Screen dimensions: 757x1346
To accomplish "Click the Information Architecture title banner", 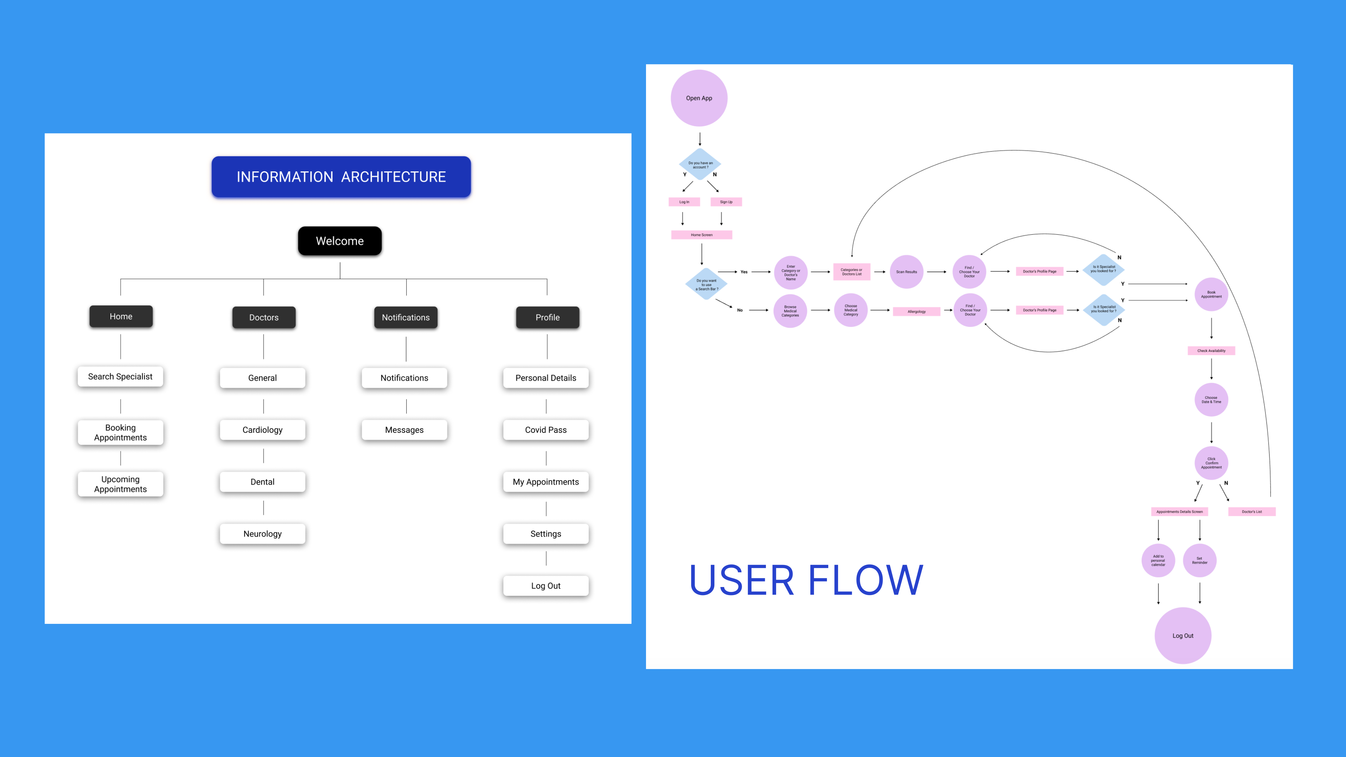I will [341, 177].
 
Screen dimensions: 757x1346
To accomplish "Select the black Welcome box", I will [340, 241].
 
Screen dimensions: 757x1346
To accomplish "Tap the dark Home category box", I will [121, 316].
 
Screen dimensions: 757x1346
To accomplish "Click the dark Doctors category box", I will [264, 318].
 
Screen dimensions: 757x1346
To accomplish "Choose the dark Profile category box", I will [547, 318].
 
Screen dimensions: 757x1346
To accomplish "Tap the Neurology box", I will [262, 534].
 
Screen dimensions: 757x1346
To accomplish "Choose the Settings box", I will [545, 534].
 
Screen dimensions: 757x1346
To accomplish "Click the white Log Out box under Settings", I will [545, 586].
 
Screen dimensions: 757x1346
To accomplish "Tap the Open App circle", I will [699, 98].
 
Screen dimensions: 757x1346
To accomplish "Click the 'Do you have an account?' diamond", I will [700, 165].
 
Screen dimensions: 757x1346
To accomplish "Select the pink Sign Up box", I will [726, 202].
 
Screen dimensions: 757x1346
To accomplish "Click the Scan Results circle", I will [906, 272].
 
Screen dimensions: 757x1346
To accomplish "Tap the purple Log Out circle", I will [1182, 636].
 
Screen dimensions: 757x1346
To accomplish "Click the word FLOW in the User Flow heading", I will [865, 580].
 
